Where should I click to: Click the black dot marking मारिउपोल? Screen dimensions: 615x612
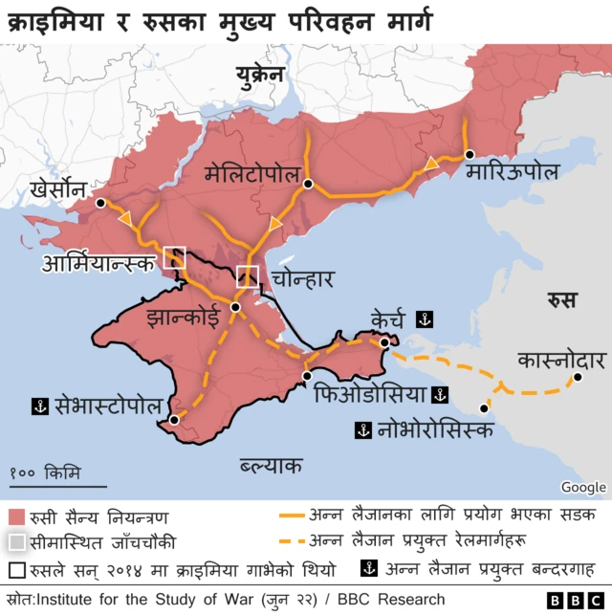469,154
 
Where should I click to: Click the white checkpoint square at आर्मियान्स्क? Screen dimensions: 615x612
174,256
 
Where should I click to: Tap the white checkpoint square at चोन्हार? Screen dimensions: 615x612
248,276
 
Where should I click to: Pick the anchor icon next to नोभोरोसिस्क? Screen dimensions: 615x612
362,429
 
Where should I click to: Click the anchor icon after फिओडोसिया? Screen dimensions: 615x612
440,394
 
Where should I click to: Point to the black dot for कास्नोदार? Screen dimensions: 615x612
578,379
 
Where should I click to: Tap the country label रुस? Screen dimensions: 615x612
562,300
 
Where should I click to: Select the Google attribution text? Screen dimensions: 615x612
583,487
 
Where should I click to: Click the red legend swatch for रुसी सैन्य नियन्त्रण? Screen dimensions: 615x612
16,516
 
